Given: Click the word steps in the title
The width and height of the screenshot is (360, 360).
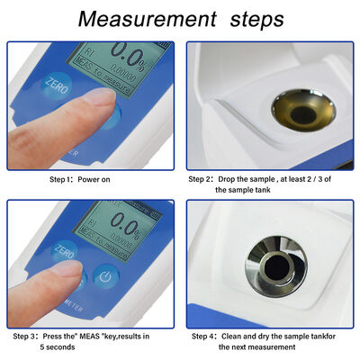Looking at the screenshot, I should click(x=256, y=18).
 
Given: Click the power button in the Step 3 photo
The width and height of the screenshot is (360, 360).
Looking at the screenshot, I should click(x=106, y=275).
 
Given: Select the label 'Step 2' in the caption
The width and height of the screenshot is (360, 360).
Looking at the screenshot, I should click(x=204, y=178).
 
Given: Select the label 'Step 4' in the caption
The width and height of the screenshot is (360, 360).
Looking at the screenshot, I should click(x=204, y=336).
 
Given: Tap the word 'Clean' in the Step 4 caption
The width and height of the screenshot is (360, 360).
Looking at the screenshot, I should click(x=240, y=336).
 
